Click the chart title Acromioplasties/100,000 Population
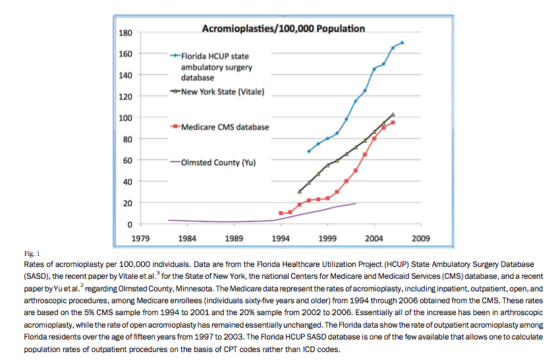click(282, 28)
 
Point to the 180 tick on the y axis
click(125, 33)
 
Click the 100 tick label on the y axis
click(125, 118)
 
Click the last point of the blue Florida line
click(403, 42)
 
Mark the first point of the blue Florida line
click(308, 152)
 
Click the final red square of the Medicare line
click(393, 123)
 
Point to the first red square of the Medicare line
click(281, 213)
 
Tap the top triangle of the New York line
click(393, 114)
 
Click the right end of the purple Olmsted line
click(356, 203)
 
